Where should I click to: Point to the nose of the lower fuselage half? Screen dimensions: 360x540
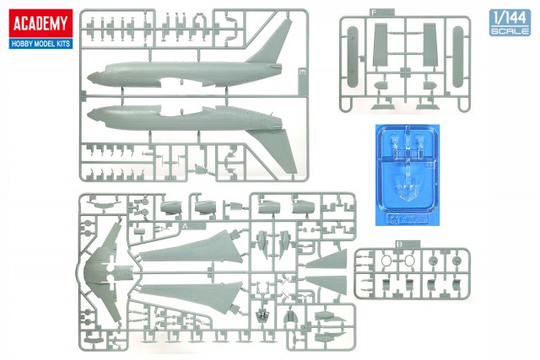(x=93, y=112)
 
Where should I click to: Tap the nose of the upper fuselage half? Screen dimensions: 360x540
(x=93, y=75)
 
